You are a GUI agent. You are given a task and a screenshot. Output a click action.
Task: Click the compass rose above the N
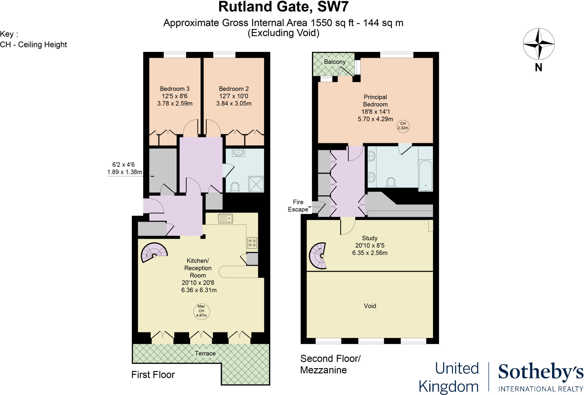[538, 44]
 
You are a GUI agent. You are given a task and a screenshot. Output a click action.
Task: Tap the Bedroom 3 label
[175, 89]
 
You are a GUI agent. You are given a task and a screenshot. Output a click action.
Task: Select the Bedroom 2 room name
[234, 89]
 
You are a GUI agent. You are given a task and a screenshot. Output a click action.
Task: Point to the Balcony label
[334, 62]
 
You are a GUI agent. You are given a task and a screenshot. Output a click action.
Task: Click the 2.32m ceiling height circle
[403, 126]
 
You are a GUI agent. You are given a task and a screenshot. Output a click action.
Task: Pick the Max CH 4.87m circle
[201, 311]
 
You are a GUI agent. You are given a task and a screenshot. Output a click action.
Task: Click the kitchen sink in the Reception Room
[225, 219]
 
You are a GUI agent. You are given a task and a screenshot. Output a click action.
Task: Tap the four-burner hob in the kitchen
[252, 243]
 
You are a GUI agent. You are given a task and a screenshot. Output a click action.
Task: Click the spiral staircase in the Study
[319, 256]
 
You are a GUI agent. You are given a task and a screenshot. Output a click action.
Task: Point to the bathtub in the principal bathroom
[425, 175]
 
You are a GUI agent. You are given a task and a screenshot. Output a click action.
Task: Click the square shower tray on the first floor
[256, 184]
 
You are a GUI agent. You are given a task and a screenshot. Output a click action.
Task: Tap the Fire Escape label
[298, 205]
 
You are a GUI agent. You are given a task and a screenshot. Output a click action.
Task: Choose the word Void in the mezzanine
[370, 306]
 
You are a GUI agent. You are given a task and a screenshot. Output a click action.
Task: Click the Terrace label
[205, 353]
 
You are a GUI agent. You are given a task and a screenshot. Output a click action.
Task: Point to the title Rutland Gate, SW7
[283, 7]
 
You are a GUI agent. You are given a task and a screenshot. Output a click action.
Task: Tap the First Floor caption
[153, 375]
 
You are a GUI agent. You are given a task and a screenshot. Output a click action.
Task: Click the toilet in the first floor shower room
[235, 187]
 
